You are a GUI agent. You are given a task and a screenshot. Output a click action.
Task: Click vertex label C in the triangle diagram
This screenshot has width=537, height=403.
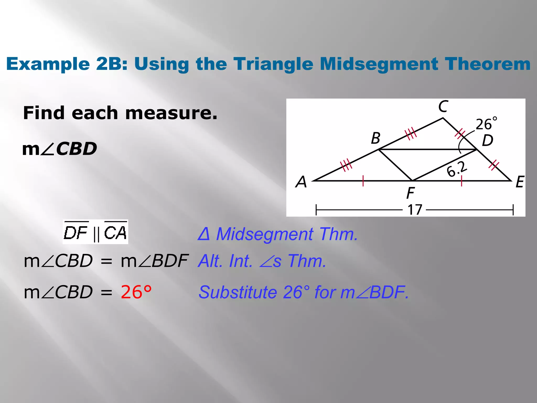point(443,107)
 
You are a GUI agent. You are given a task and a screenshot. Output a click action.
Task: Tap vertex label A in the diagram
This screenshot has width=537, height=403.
point(301,182)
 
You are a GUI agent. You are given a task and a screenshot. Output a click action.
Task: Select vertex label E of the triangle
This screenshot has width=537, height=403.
point(519,182)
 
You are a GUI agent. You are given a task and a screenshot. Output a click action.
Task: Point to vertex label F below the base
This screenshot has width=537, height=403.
point(410,193)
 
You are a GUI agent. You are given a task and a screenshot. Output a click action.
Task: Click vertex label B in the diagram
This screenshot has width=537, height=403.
point(376,138)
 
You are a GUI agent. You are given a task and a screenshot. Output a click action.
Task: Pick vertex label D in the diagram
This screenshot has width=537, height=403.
point(487,140)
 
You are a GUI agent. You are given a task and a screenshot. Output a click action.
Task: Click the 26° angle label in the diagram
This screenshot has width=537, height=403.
point(486,124)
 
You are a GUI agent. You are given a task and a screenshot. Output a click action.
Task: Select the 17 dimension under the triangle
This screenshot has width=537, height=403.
point(415,210)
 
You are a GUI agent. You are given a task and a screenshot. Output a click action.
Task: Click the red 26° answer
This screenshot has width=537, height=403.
point(136,292)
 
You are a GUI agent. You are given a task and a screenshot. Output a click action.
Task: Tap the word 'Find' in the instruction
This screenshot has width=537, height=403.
point(44,113)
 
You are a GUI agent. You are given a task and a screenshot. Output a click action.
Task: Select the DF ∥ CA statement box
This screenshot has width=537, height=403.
point(95,232)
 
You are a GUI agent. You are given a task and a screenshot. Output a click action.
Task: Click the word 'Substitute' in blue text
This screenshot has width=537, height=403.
point(238,292)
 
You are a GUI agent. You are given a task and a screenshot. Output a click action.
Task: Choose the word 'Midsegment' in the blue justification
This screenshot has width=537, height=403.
point(265,234)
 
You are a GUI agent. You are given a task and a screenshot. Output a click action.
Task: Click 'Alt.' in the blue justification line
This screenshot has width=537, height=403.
point(211,261)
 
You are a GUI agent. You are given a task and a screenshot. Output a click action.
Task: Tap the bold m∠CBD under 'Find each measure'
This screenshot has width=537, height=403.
point(60,149)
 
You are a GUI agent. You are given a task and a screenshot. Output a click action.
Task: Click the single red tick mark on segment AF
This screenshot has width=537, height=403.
point(363,181)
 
